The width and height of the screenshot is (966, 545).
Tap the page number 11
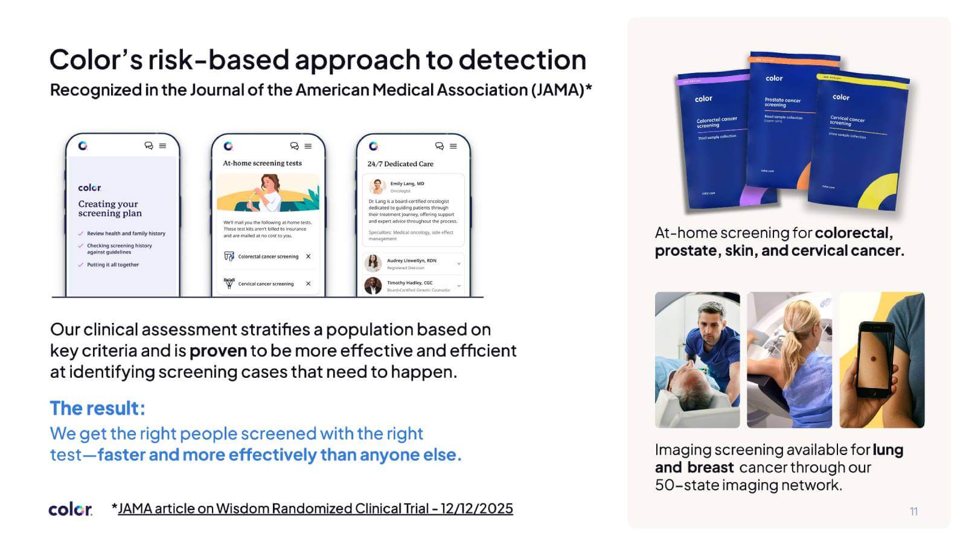[913, 511]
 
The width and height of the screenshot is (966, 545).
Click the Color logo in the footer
[70, 509]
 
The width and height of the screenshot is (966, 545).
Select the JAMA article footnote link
[315, 509]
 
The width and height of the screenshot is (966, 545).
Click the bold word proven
[218, 351]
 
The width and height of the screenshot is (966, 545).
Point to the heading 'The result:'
[97, 408]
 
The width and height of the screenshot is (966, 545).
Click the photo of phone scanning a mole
[881, 360]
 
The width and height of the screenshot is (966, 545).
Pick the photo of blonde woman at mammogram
[789, 360]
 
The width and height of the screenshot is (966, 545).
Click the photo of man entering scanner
[697, 360]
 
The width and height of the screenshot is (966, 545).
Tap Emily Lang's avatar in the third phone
[377, 186]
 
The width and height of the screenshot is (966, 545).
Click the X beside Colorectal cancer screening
[309, 257]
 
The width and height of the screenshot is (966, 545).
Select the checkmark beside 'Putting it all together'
[81, 264]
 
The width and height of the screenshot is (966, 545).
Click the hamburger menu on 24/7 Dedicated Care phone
[453, 146]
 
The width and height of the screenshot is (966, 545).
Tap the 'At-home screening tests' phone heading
[262, 163]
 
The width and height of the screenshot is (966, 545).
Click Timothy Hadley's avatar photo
[373, 285]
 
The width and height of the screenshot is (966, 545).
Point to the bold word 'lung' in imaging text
[888, 450]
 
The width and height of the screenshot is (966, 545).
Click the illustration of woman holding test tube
[267, 193]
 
